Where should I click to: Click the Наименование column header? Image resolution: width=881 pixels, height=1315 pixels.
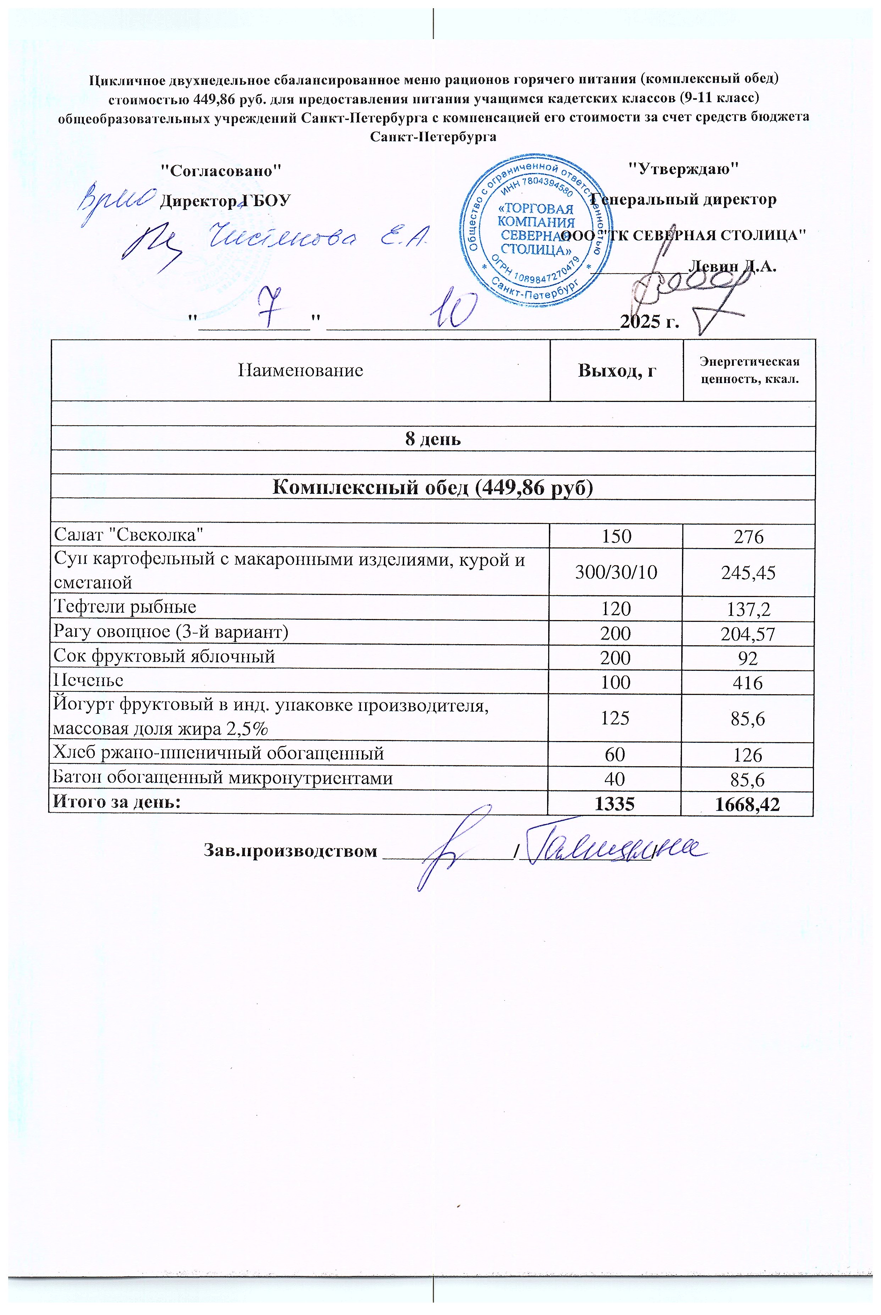click(x=301, y=371)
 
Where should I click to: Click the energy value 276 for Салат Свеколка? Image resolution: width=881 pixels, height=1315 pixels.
click(x=749, y=536)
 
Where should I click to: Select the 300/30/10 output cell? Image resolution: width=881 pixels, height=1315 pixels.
click(x=616, y=573)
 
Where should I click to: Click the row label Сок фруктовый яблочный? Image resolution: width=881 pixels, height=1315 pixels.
click(x=164, y=656)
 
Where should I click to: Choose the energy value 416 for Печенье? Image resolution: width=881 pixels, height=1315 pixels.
click(x=749, y=683)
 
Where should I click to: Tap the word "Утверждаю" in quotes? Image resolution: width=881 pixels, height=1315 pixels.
click(x=682, y=168)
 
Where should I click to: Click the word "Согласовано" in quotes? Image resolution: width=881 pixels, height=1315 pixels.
click(x=221, y=171)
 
